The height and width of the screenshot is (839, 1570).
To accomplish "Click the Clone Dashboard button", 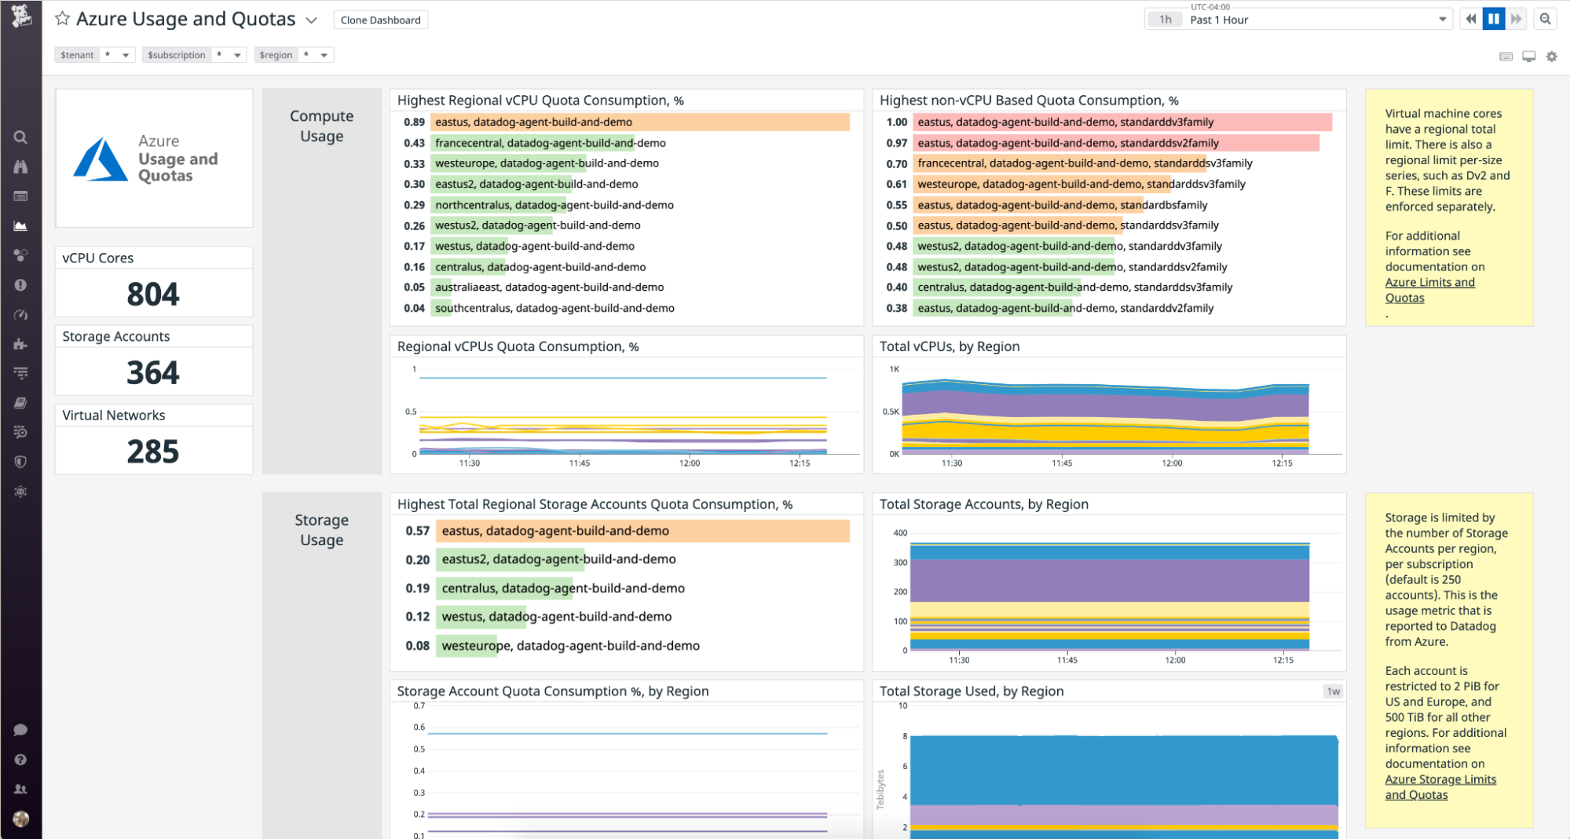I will click(380, 20).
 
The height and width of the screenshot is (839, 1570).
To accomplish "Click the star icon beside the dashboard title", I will click(62, 18).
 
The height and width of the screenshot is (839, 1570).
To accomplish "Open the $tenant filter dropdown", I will click(125, 55).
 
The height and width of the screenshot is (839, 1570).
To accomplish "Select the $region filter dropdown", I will click(324, 55).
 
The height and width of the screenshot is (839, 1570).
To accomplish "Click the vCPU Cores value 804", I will click(153, 294).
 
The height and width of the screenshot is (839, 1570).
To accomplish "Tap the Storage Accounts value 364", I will click(153, 372).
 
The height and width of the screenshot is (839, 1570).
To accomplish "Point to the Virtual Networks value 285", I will click(153, 452).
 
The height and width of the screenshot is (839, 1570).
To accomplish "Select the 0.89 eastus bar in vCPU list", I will click(639, 122).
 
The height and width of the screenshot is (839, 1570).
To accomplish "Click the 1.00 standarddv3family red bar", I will click(1123, 122).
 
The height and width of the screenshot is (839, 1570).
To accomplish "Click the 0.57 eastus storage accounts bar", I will click(642, 531).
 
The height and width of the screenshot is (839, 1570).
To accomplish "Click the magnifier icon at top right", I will click(1545, 20).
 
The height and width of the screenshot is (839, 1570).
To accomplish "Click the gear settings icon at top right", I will click(1551, 57).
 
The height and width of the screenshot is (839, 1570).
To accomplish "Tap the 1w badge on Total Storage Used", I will click(1333, 691).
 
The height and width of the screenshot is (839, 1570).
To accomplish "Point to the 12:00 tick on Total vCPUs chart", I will click(1172, 463).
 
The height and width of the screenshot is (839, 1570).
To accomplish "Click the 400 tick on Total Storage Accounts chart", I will click(900, 533).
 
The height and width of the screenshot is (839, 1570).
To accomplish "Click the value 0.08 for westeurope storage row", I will click(417, 646).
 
